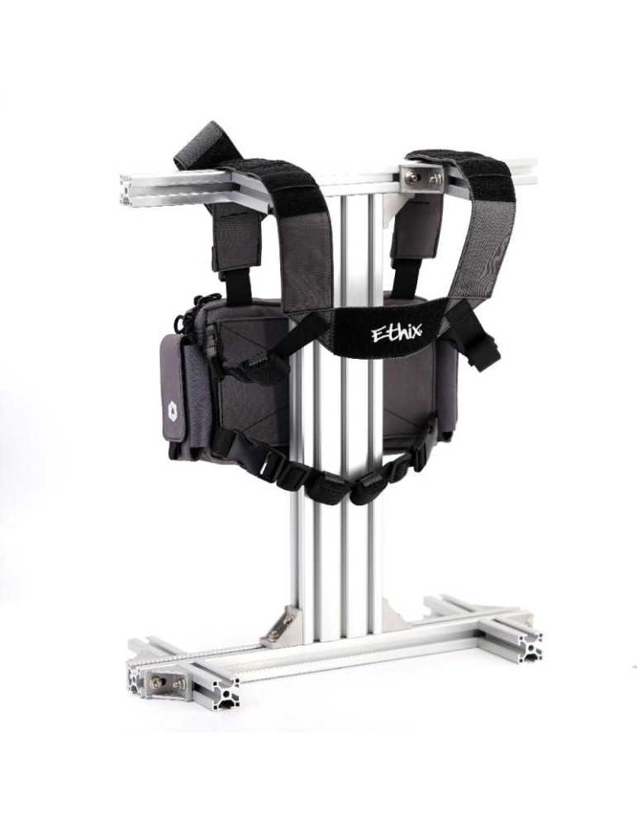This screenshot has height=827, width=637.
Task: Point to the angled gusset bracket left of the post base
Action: pyautogui.click(x=283, y=625)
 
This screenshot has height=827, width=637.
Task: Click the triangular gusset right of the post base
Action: pyautogui.click(x=397, y=614)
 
